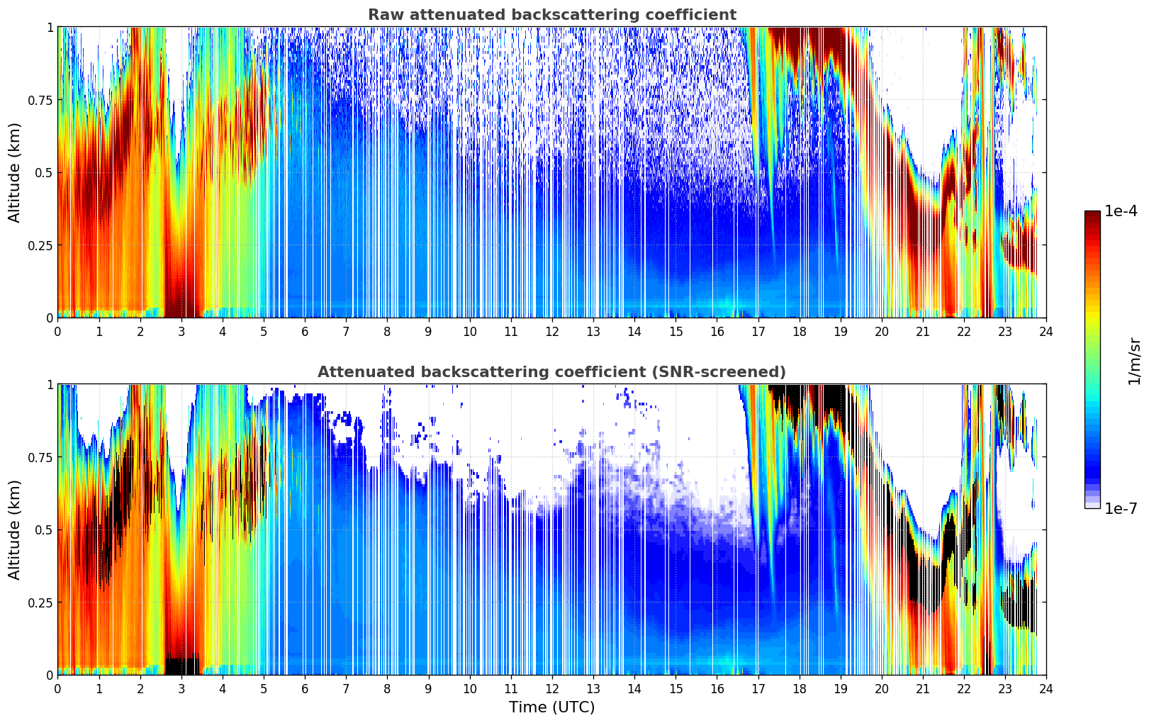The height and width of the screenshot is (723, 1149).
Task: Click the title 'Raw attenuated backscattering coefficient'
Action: coord(551,15)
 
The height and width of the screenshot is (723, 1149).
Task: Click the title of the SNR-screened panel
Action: coord(551,372)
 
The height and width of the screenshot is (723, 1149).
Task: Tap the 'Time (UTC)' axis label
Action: coord(551,707)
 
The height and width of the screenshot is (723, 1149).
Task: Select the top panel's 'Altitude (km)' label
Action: coord(15,172)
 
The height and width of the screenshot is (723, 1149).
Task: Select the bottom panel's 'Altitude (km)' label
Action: coord(15,529)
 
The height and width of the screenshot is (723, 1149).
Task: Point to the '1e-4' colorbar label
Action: coord(1121,211)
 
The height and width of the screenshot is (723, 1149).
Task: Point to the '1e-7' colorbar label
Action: coord(1121,508)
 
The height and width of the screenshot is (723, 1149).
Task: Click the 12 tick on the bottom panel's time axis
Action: coord(552,688)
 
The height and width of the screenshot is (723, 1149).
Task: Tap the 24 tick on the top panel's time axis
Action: coord(1046,331)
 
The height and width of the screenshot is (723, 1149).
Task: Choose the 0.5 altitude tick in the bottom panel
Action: coord(44,529)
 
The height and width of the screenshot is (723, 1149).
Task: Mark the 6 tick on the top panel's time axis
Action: coord(305,331)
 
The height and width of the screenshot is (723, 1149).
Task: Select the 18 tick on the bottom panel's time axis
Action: coord(800,688)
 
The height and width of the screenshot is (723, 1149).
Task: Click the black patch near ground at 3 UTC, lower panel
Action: coord(182,666)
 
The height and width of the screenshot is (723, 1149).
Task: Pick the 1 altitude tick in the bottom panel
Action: coord(50,385)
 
